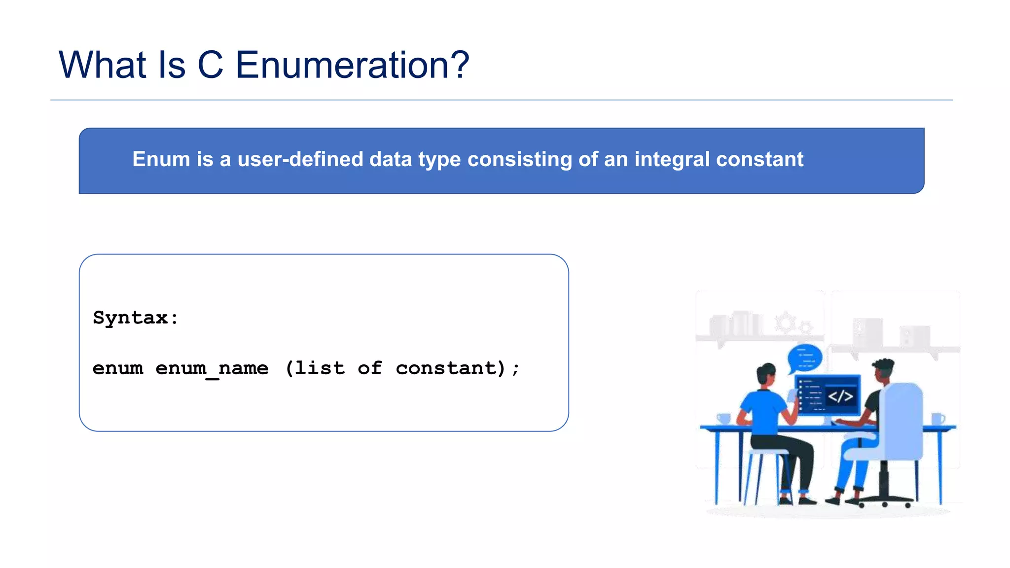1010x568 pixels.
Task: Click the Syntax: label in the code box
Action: [x=136, y=318]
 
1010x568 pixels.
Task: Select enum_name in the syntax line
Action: [x=212, y=369]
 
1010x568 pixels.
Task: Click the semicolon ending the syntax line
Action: [x=516, y=369]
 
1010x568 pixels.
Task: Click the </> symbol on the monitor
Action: [x=840, y=396]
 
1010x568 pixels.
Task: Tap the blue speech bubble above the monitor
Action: [x=805, y=357]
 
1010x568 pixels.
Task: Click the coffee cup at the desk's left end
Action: [x=723, y=419]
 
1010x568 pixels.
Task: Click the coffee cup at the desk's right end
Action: [x=938, y=419]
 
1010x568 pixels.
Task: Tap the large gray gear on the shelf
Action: [x=785, y=322]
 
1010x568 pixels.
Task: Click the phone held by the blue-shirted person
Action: [x=793, y=395]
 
